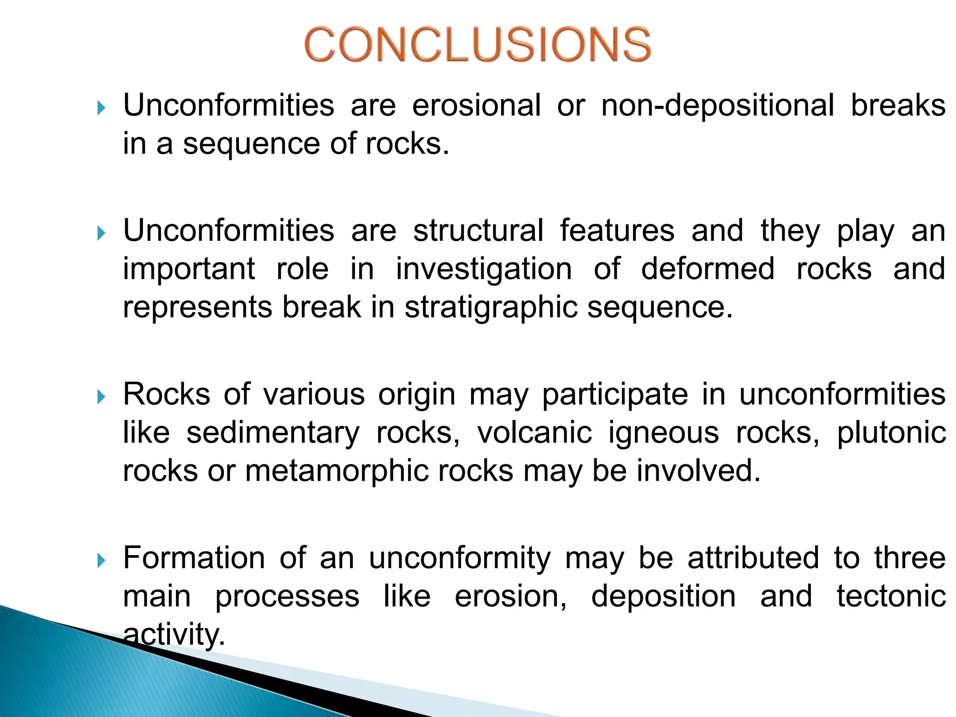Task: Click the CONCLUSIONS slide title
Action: coord(478,44)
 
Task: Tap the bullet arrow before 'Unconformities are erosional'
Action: coord(101,108)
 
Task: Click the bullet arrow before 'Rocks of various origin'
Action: coord(101,397)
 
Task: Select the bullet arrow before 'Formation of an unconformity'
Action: coord(101,561)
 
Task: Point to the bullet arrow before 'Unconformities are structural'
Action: coord(101,233)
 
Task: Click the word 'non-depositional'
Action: coord(717,106)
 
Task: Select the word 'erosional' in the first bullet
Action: coord(476,105)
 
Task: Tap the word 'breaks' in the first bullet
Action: coord(898,105)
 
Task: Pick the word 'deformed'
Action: coord(707,269)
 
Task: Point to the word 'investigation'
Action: coord(484,270)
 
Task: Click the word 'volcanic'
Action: coord(534,433)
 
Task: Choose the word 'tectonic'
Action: coord(891,596)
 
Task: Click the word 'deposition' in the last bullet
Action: coord(663,597)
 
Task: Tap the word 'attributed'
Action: coord(753,558)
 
